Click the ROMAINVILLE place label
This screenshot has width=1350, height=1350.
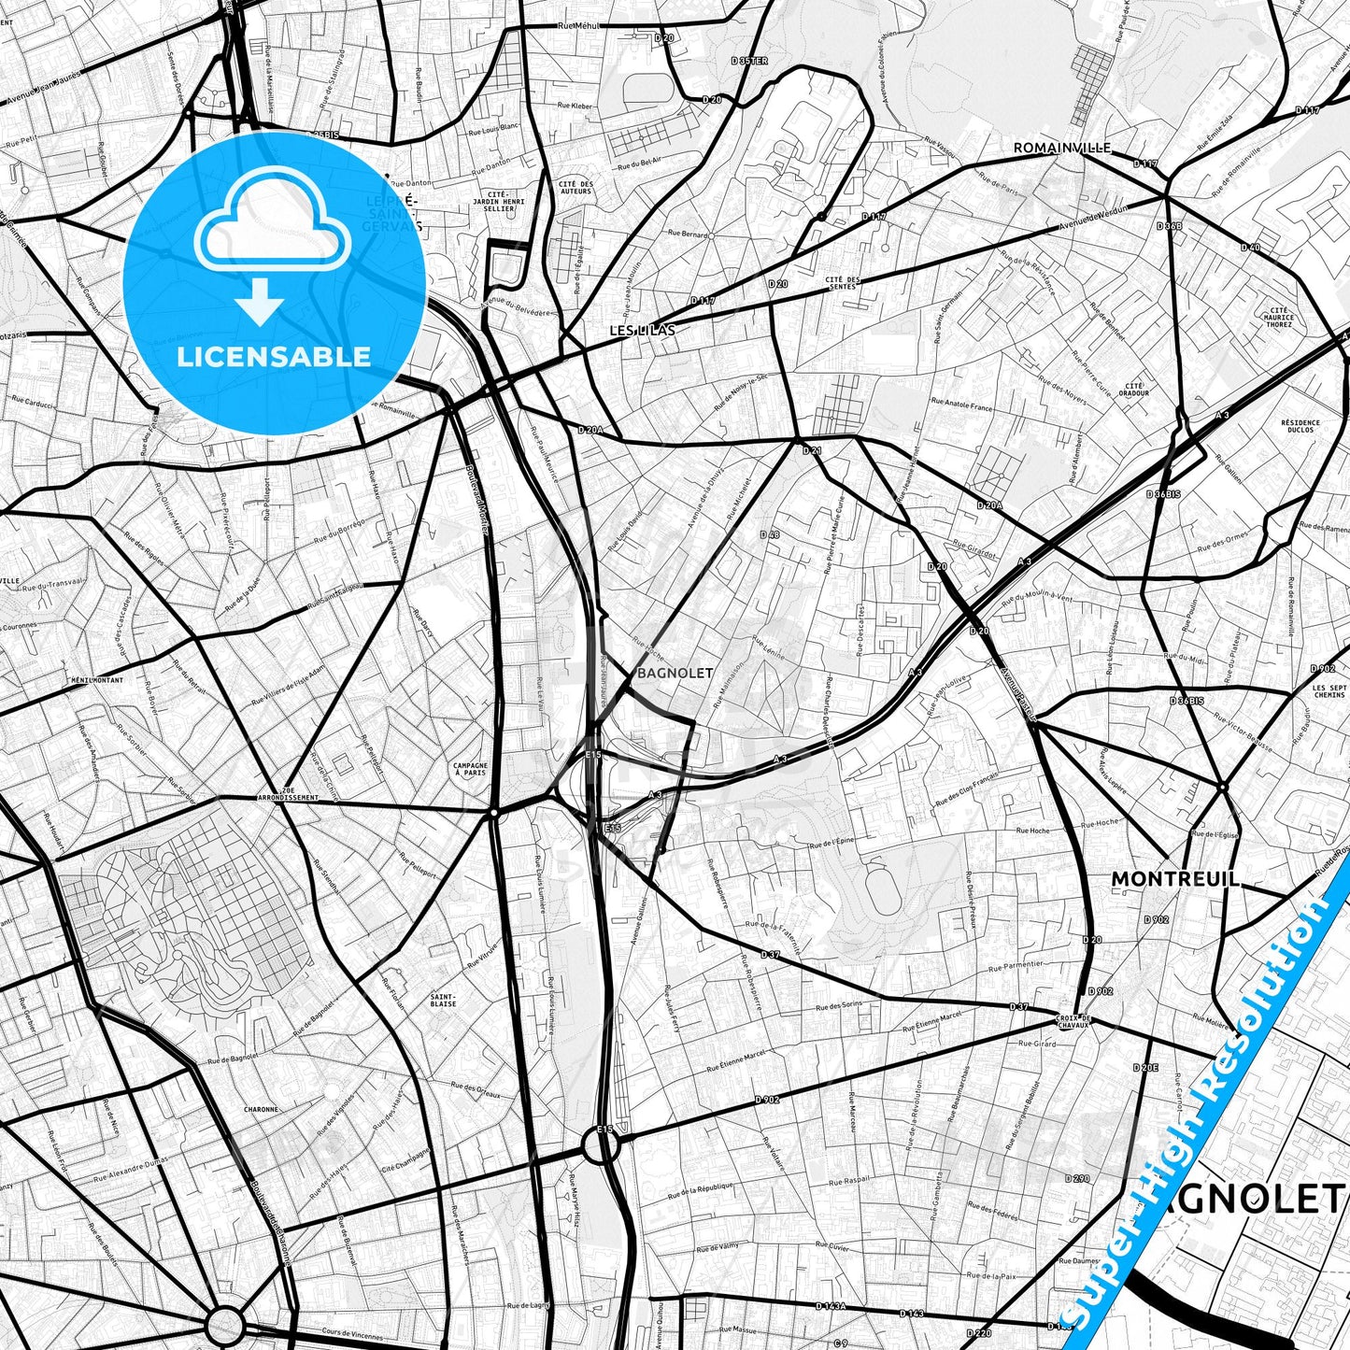pyautogui.click(x=1062, y=148)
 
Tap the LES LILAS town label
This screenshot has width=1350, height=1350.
pyautogui.click(x=642, y=330)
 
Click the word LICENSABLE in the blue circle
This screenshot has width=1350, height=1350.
pyautogui.click(x=274, y=356)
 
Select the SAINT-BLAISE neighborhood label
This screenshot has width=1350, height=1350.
pyautogui.click(x=443, y=1000)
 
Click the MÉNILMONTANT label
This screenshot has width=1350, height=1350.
pyautogui.click(x=97, y=680)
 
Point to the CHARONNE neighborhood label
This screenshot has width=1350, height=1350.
pyautogui.click(x=261, y=1109)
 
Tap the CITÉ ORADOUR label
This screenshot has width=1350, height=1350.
pyautogui.click(x=1135, y=389)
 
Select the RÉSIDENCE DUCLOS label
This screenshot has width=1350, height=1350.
pyautogui.click(x=1300, y=425)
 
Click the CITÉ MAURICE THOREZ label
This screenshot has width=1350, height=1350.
pyautogui.click(x=1279, y=317)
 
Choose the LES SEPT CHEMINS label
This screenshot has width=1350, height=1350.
pyautogui.click(x=1329, y=691)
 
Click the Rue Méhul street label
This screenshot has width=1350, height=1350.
pyautogui.click(x=577, y=26)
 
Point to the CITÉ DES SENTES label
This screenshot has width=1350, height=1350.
pyautogui.click(x=842, y=282)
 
